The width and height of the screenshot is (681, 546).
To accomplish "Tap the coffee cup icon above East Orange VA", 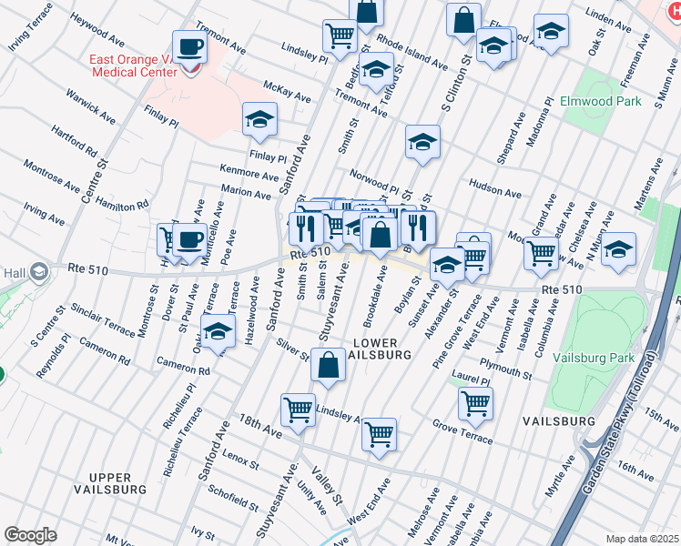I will (x=189, y=47).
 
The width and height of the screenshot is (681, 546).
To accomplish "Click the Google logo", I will (x=30, y=535).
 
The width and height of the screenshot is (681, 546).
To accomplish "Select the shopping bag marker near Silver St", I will (x=328, y=365).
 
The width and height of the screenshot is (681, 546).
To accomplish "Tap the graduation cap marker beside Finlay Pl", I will (x=259, y=119).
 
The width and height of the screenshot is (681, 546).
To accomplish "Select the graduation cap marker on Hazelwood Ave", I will (x=218, y=332).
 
